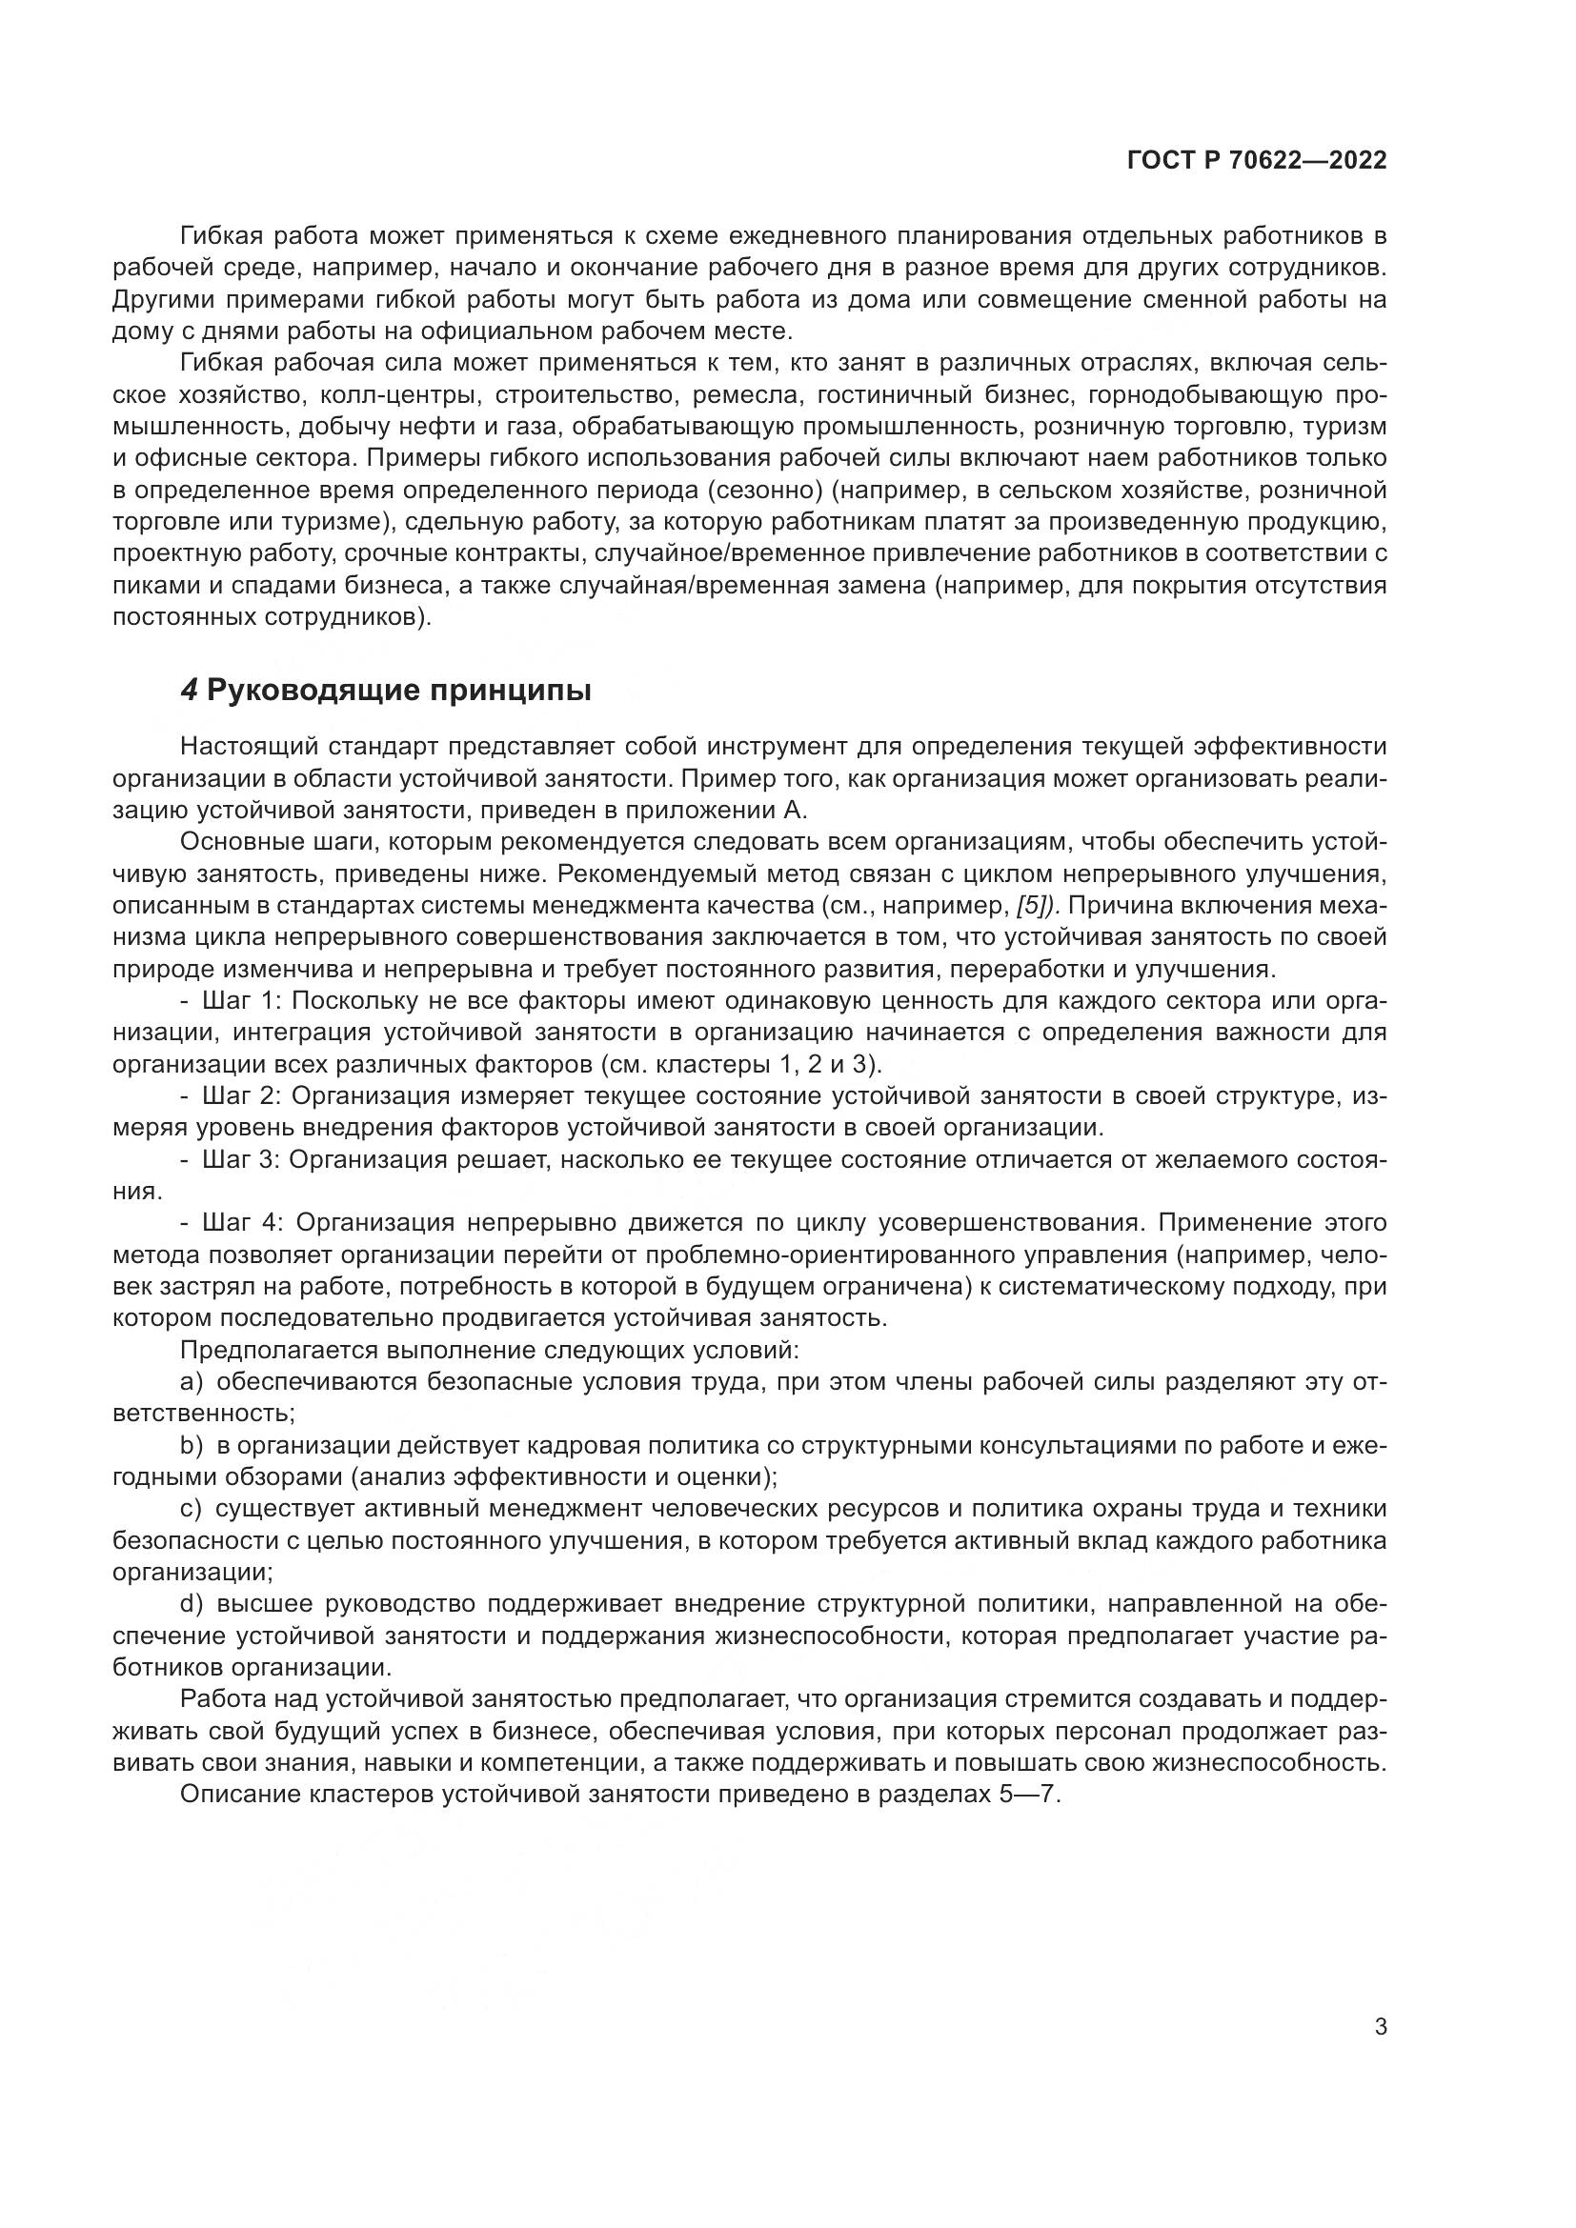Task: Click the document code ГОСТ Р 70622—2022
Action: coord(1257,161)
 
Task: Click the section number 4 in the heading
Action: coord(190,691)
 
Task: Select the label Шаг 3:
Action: coord(241,1159)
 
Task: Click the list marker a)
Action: coord(191,1382)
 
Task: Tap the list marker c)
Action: coord(191,1509)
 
